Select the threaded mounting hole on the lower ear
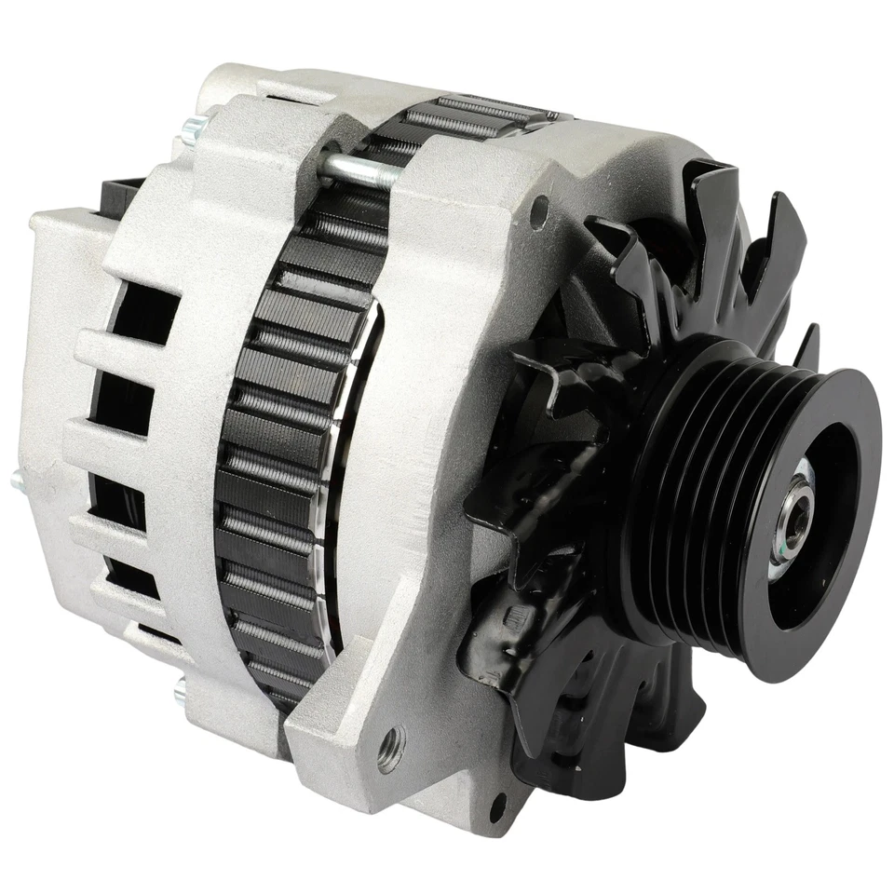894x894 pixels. [x=391, y=745]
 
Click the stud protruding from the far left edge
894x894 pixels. [x=17, y=481]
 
